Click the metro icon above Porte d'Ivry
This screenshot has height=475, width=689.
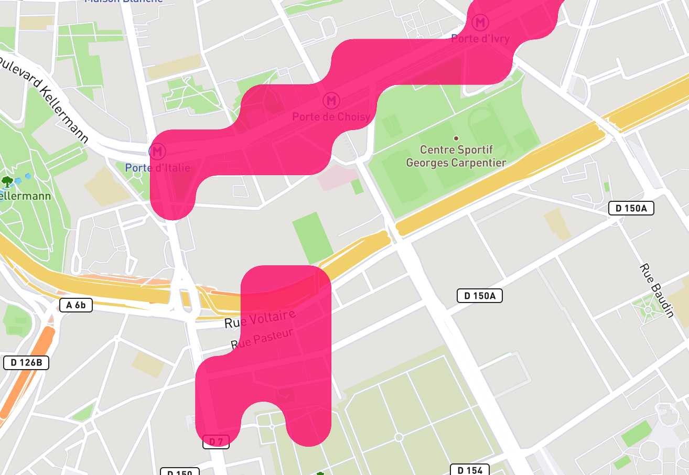480,23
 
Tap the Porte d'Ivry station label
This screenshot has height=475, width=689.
480,39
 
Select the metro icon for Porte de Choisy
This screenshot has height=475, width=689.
331,100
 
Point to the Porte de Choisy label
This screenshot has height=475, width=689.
331,116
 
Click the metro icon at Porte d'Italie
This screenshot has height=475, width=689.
157,152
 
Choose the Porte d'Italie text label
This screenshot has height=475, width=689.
157,168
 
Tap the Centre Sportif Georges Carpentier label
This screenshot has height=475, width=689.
456,156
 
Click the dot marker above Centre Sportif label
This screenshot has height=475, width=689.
456,138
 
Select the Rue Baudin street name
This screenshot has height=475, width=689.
655,290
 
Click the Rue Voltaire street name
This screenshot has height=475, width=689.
260,319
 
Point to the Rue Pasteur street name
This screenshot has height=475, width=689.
261,339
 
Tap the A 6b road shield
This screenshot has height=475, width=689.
76,305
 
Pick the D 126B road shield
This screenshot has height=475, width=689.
26,362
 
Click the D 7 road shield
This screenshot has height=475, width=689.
216,442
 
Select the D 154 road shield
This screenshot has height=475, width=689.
470,470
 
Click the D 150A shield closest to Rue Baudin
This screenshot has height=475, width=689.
631,208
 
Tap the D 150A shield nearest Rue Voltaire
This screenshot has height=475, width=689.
480,296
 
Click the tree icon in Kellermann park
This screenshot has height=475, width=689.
7,181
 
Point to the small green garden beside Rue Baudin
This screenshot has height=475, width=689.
648,309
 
